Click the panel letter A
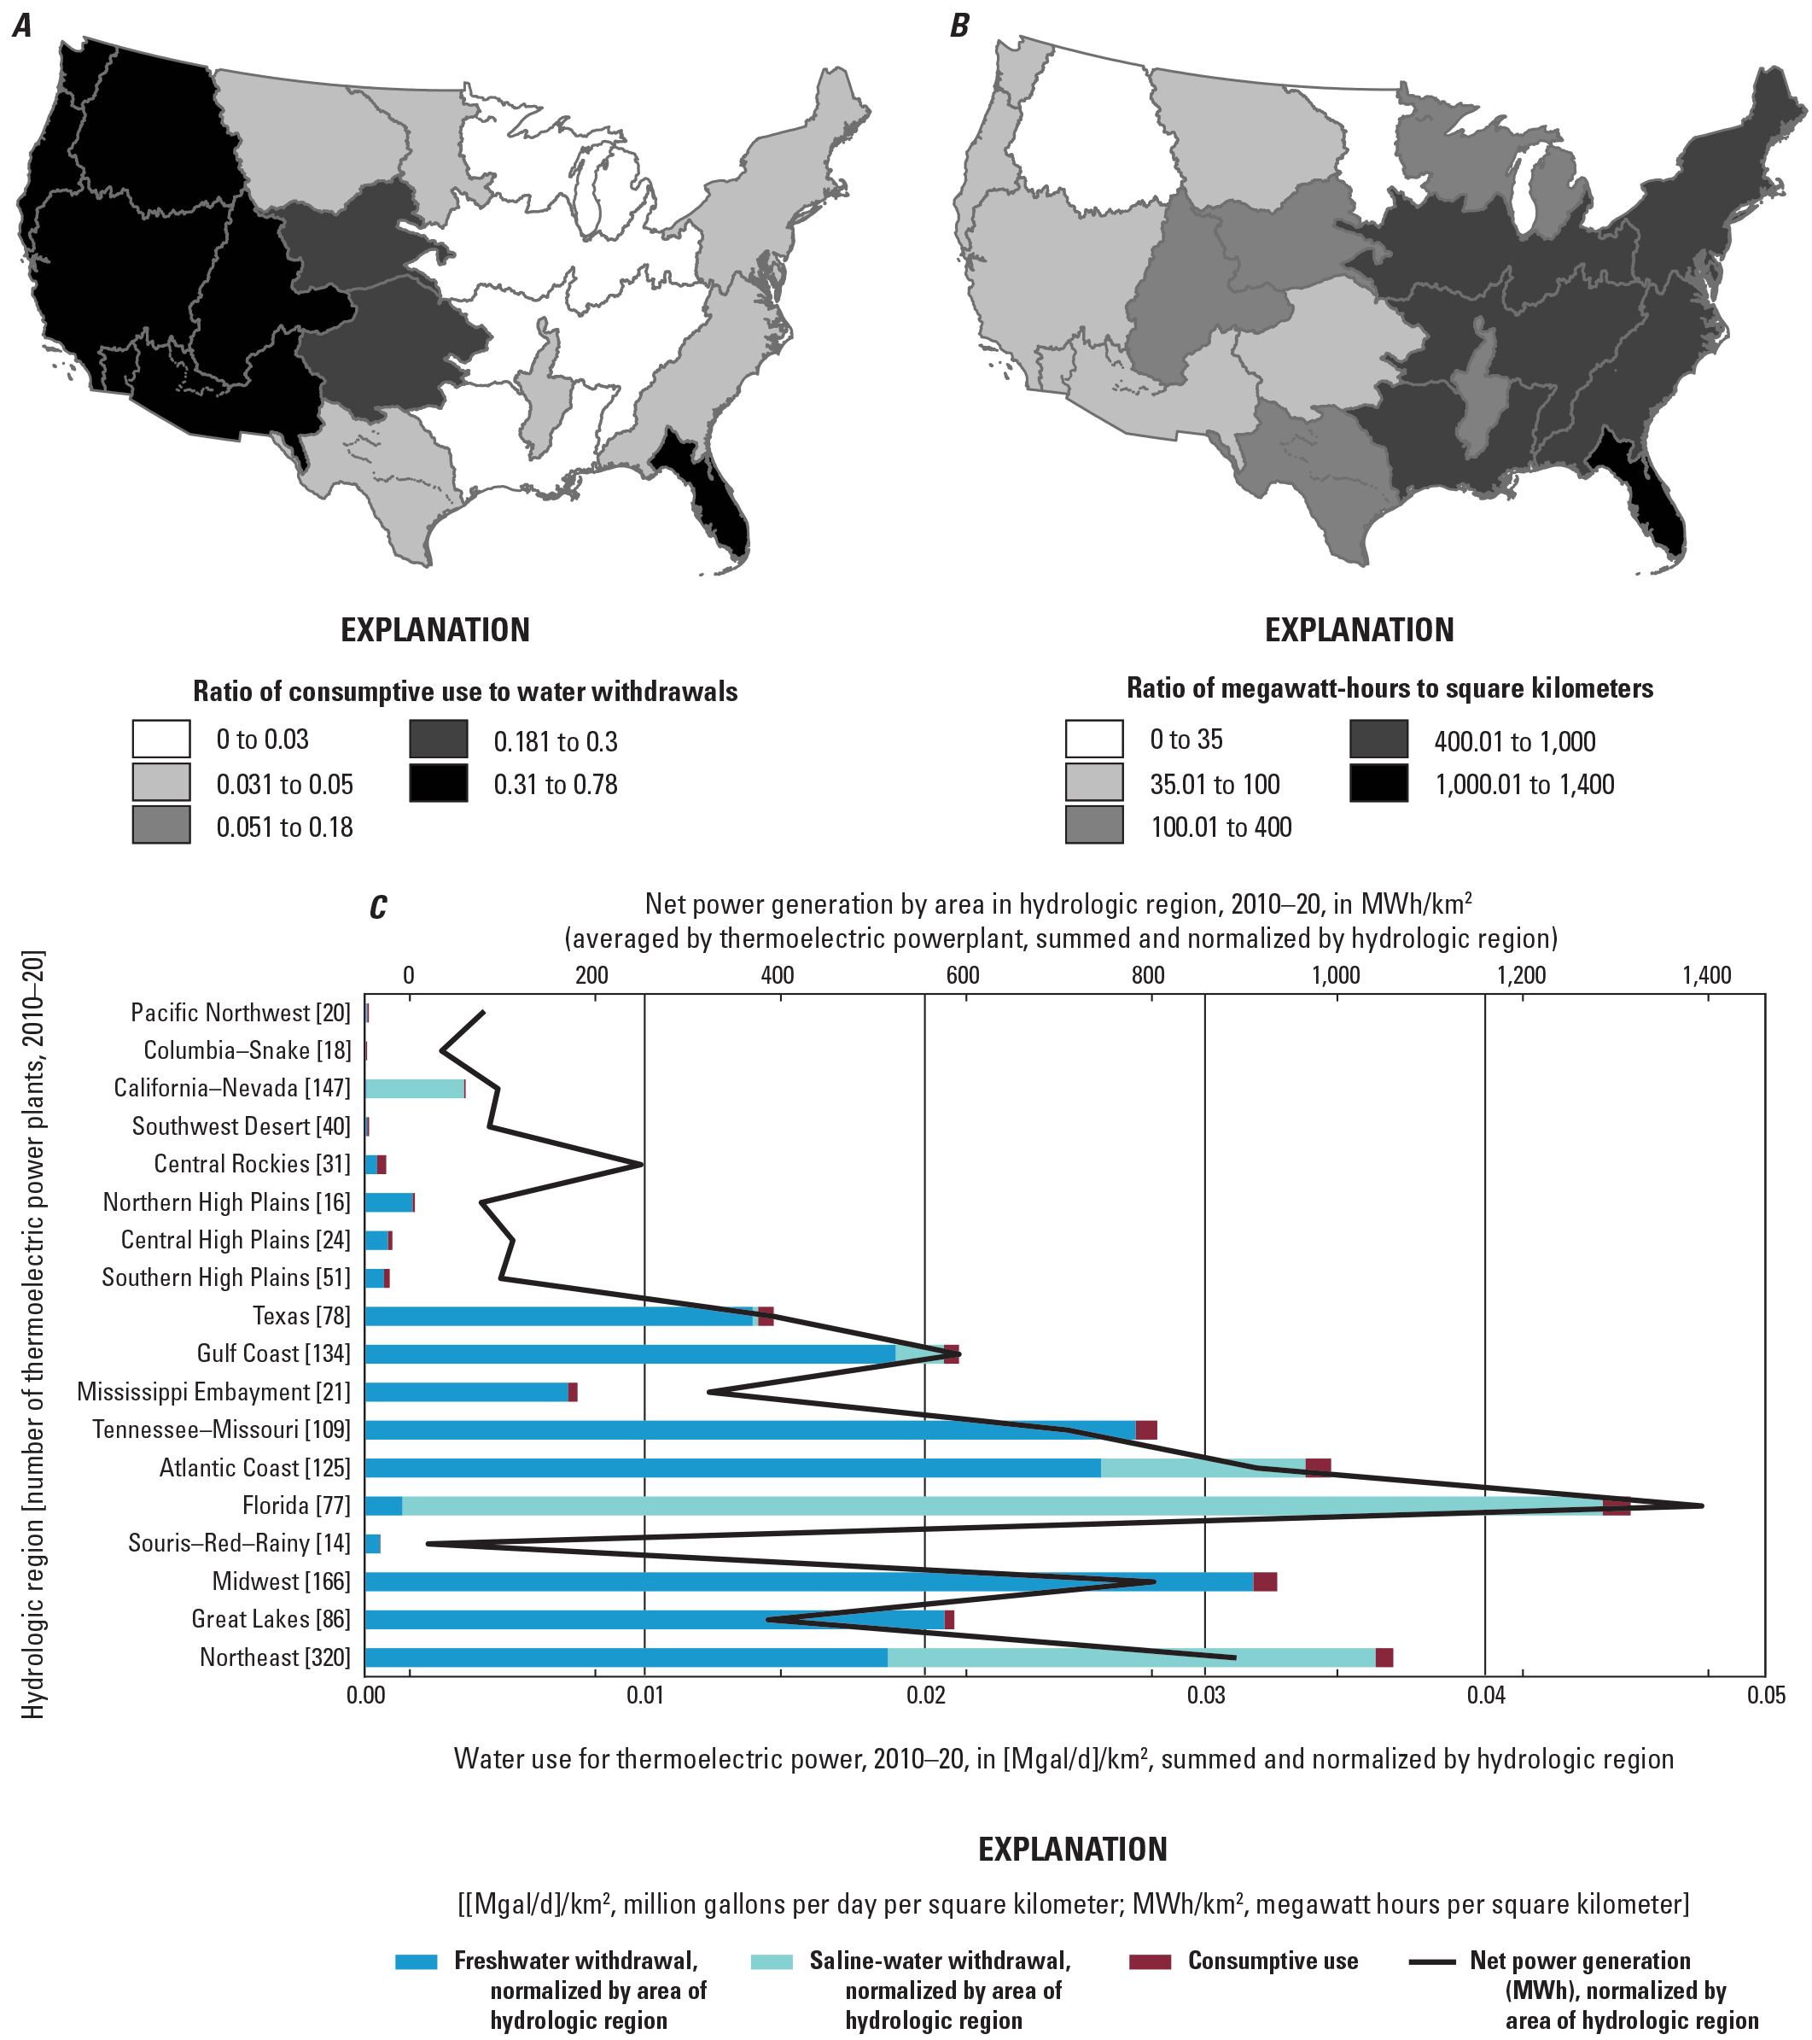pos(22,26)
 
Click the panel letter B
pos(958,26)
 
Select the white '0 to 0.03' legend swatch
pos(160,739)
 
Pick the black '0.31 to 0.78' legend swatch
pos(438,783)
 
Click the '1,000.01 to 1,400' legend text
pos(1524,785)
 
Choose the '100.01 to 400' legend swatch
pos(1093,827)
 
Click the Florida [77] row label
pos(295,1505)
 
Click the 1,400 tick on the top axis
pos(1706,975)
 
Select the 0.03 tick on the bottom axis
pos(1205,1695)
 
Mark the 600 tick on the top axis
pos(962,975)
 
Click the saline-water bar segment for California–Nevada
pos(414,1089)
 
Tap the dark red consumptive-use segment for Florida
pos(1617,1506)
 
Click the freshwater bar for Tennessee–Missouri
pos(749,1430)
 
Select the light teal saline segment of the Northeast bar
pos(1131,1657)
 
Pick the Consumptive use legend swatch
pos(1150,1961)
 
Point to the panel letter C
pos(378,907)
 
